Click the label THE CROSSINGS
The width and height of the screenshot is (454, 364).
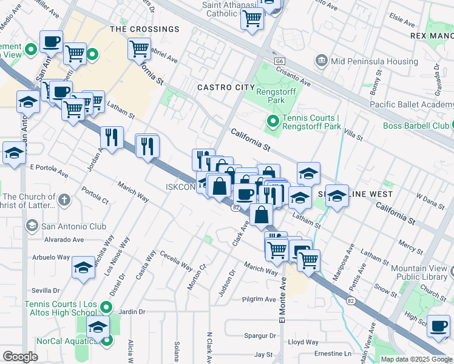[144, 29]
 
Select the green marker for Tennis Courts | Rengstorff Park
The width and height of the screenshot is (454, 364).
[273, 123]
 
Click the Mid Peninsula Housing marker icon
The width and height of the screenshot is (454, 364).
[320, 61]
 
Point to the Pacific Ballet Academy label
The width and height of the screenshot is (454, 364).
[412, 104]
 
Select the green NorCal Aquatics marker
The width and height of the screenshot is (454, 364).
[107, 340]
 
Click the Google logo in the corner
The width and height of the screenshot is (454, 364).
[20, 357]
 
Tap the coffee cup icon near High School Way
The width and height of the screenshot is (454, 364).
[438, 326]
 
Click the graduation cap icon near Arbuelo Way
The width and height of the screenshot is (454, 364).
[83, 267]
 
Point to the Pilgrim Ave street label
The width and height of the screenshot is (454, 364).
[258, 299]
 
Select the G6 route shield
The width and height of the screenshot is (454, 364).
[279, 62]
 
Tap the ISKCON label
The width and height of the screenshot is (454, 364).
[180, 187]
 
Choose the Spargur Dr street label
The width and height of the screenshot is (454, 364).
[259, 335]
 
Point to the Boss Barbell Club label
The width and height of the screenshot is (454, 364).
[416, 126]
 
